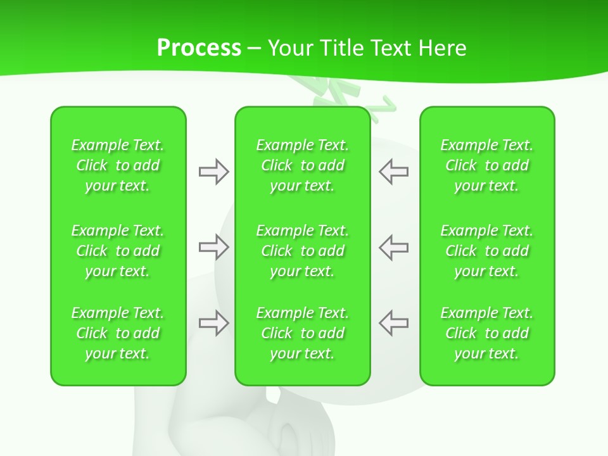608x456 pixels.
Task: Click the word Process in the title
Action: [x=199, y=48]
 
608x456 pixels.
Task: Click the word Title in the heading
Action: [x=343, y=48]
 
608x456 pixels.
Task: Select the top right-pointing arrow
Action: [x=213, y=172]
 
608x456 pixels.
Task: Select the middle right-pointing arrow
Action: [x=213, y=247]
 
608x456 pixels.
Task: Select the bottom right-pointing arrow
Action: [x=213, y=323]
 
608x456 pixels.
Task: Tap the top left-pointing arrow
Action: [x=394, y=172]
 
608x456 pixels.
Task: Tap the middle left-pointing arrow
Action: [x=394, y=247]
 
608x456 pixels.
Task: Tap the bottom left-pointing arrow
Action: [x=394, y=323]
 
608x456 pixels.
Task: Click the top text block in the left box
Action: [x=118, y=165]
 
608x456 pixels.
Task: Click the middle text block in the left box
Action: [x=118, y=251]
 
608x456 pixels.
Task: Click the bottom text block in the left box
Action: [x=118, y=333]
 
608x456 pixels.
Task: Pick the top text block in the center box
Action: [x=303, y=165]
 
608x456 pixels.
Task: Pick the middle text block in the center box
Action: [x=303, y=251]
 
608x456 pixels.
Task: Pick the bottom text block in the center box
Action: [x=303, y=333]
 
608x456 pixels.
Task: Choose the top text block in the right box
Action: [x=487, y=165]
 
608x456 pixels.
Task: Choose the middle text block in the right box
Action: [x=487, y=251]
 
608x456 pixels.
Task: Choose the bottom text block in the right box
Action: [x=487, y=333]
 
